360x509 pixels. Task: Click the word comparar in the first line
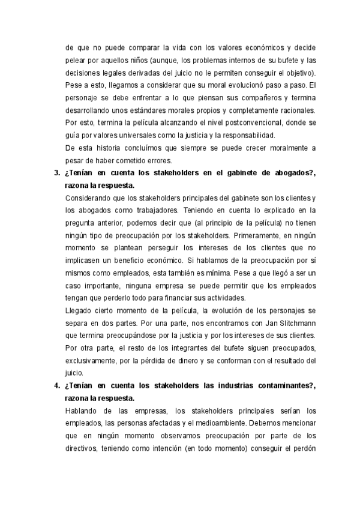(x=140, y=47)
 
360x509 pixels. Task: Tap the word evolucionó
(x=234, y=85)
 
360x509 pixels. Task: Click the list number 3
(x=52, y=173)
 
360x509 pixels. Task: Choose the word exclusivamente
(x=90, y=361)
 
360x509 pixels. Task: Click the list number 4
(x=52, y=386)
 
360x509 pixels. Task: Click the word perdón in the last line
(x=303, y=449)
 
